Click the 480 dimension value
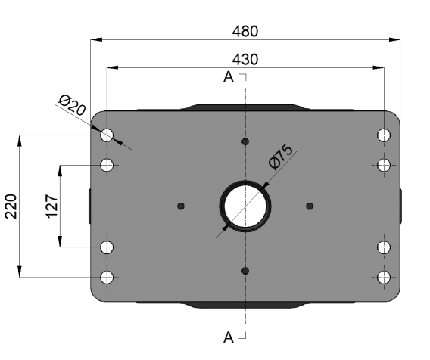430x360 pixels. click(x=245, y=31)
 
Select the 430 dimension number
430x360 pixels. click(x=245, y=60)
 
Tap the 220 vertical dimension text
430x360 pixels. click(x=11, y=206)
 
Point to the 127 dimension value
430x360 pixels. click(x=51, y=206)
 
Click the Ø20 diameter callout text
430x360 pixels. click(x=72, y=105)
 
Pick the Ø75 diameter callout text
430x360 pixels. click(x=281, y=157)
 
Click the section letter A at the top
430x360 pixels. click(x=229, y=77)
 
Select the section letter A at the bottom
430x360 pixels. click(x=229, y=337)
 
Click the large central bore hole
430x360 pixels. click(x=245, y=206)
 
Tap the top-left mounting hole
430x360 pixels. click(x=107, y=135)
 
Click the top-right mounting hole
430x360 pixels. click(x=384, y=135)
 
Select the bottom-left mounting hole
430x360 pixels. click(x=107, y=278)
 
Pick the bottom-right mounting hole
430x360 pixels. click(x=384, y=278)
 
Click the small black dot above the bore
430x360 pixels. click(x=245, y=141)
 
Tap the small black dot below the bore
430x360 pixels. click(x=245, y=271)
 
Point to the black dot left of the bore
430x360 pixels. click(x=181, y=206)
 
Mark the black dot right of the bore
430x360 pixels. click(x=310, y=206)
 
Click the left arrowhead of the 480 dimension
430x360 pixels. click(x=96, y=40)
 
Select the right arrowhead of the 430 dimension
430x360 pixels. click(x=379, y=67)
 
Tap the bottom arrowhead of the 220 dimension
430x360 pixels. click(x=20, y=272)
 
